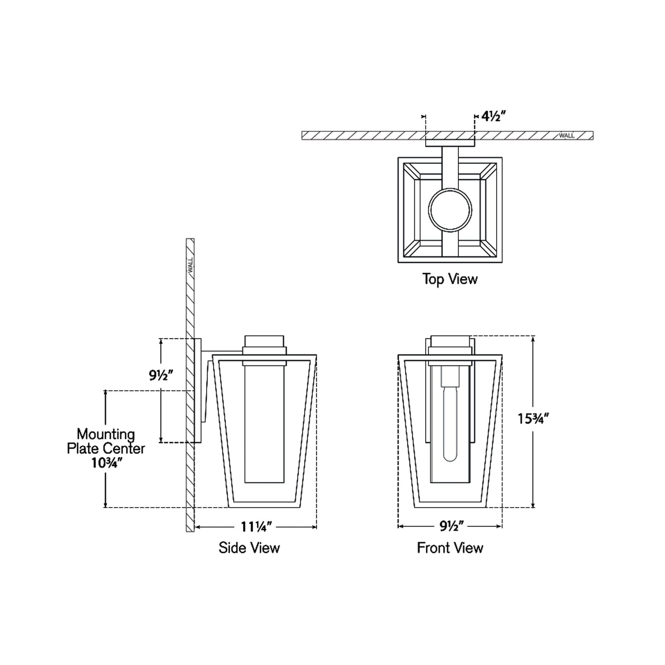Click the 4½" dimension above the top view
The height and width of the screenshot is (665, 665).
(493, 117)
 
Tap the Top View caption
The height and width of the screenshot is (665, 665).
(450, 279)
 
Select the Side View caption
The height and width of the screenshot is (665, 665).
(249, 548)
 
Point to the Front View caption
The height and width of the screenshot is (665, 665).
(450, 548)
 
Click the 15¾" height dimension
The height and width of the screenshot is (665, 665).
(533, 419)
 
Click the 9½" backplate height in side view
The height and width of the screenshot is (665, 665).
(161, 375)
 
